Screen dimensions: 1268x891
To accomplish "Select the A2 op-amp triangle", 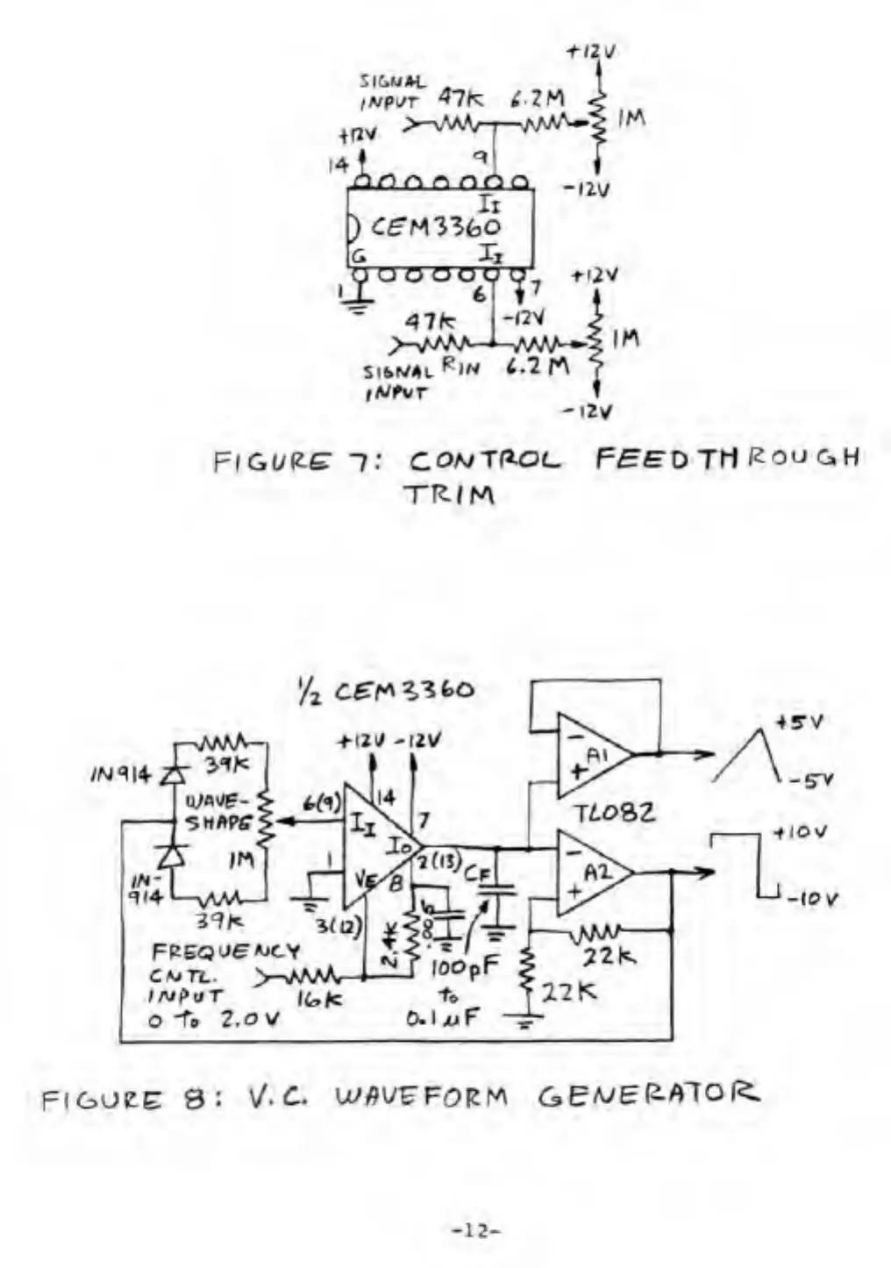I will click(x=591, y=873).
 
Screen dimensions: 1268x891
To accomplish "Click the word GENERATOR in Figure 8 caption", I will click(x=648, y=1094).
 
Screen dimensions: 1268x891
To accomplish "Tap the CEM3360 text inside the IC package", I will click(x=435, y=227).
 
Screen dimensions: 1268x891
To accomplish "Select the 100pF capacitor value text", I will click(x=464, y=968).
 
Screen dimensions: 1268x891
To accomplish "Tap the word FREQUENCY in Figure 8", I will click(x=225, y=951).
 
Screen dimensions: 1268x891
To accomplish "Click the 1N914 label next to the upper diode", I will click(x=120, y=774).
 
